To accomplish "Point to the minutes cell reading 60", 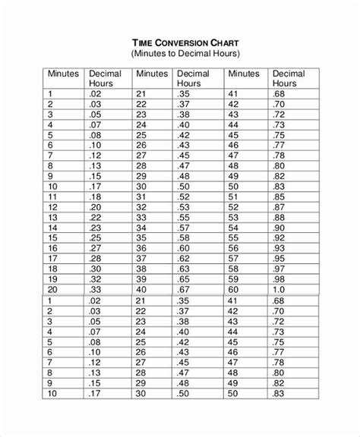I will pos(232,289).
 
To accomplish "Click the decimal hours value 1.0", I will pos(279,289).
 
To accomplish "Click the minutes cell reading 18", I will pos(52,268).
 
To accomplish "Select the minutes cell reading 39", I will pos(141,278).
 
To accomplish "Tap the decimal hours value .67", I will pos(183,289).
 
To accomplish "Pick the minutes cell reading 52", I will pos(232,205).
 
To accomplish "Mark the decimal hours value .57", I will pos(183,226).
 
